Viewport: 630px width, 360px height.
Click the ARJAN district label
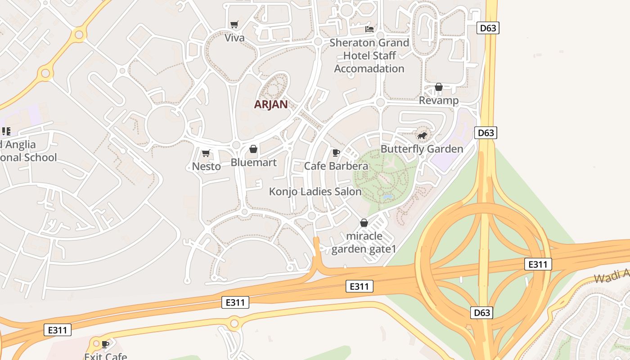tap(270, 104)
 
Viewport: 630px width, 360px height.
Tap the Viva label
tap(234, 38)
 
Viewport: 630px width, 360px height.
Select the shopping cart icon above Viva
tap(234, 24)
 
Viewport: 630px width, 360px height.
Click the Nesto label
tap(206, 166)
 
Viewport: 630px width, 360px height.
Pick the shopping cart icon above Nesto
tap(206, 153)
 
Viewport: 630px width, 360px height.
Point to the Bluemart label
tap(253, 162)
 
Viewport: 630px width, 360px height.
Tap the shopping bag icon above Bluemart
tap(253, 149)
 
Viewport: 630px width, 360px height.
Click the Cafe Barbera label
tap(336, 166)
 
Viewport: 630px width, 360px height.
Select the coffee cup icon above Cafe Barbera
tap(336, 153)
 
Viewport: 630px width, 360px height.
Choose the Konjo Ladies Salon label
tap(315, 192)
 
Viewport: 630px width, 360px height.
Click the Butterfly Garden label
tap(422, 149)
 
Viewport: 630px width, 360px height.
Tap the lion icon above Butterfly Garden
tap(422, 135)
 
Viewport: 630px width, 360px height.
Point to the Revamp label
tap(439, 100)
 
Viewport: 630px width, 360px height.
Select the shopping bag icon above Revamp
tap(439, 87)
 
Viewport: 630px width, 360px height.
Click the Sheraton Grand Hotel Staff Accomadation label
tap(369, 56)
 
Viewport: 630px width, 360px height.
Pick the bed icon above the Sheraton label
tap(369, 29)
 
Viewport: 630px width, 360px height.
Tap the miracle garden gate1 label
tap(364, 243)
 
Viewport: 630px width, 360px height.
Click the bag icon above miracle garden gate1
tap(364, 223)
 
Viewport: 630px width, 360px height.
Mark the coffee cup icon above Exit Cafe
tap(105, 344)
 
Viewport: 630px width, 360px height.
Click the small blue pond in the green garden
tap(387, 197)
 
